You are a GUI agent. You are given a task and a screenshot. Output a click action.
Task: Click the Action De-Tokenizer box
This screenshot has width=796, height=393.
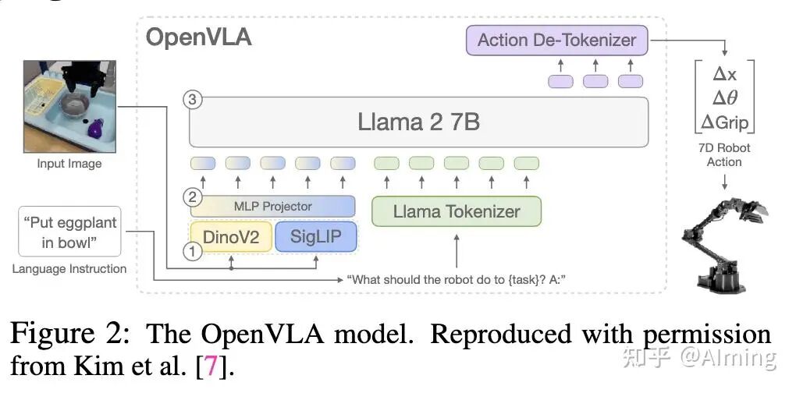pos(557,41)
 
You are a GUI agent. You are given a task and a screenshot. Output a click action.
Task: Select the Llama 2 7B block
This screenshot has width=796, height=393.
pos(418,122)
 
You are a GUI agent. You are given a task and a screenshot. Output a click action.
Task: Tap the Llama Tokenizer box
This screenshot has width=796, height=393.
pos(457,211)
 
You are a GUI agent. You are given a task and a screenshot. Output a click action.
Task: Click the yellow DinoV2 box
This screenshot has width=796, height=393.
pos(231,236)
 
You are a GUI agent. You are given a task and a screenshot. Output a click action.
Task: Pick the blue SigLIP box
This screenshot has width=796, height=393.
pos(315,236)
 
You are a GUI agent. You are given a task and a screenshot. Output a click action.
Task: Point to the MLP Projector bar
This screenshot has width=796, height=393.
pos(273,206)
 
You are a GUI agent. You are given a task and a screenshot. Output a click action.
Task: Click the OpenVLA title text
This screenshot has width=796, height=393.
pos(199,37)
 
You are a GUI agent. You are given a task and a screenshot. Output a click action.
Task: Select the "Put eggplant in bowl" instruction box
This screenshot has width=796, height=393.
pos(69,232)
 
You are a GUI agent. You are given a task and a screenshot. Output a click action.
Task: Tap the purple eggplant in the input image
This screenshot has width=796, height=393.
pos(95,126)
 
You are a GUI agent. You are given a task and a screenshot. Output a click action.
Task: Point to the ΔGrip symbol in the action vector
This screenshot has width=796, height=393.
pos(725,121)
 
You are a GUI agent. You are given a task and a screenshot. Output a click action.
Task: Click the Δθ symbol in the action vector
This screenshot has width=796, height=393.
pos(725,97)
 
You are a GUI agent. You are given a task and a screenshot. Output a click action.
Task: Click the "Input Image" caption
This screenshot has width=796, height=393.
pos(69,164)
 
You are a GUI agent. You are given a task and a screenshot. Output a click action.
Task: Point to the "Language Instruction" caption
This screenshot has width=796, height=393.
pos(69,269)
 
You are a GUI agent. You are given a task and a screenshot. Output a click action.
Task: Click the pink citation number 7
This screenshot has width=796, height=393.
pos(210,365)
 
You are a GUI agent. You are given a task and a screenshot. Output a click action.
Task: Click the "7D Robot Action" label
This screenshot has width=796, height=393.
pos(724,154)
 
